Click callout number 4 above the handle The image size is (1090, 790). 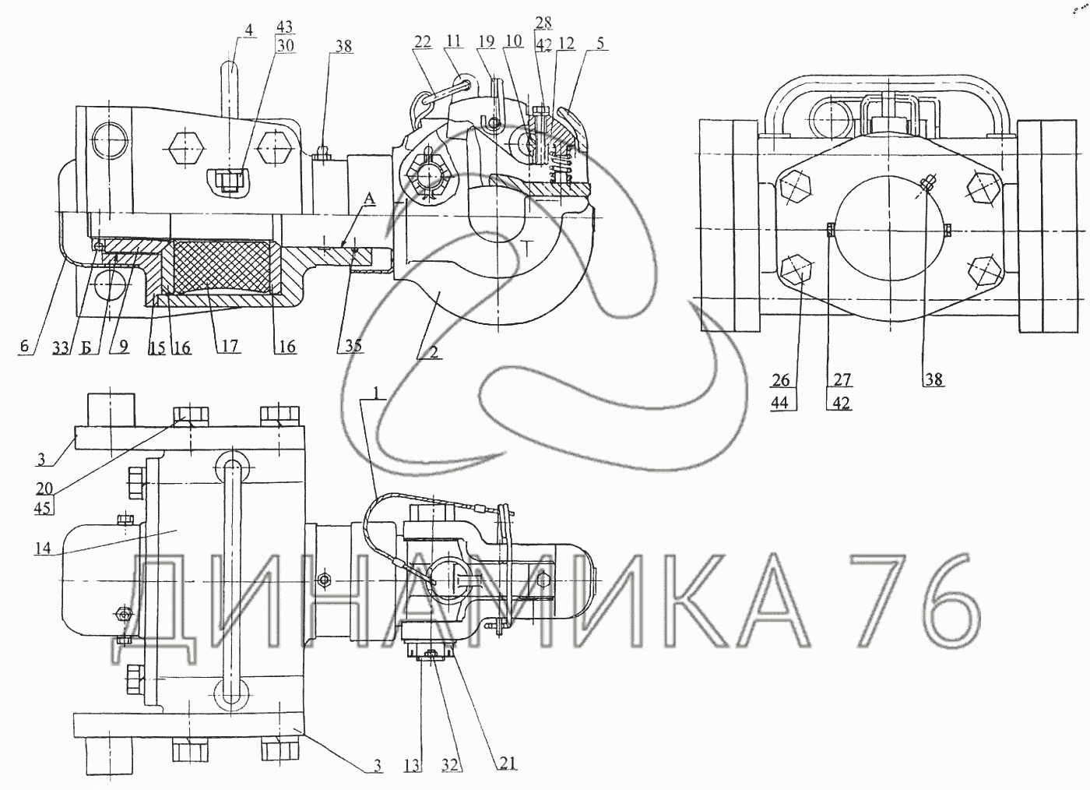click(248, 30)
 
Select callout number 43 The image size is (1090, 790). click(285, 26)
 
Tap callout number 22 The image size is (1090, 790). click(422, 42)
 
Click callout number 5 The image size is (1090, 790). click(600, 43)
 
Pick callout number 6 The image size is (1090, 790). click(24, 347)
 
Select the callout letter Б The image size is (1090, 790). click(86, 347)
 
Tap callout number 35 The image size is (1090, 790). click(353, 345)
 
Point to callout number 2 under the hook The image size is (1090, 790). click(434, 351)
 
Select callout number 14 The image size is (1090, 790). click(42, 548)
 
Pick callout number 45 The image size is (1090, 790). click(42, 508)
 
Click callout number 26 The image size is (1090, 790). click(780, 380)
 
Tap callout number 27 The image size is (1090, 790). click(842, 379)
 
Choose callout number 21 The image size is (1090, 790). click(507, 763)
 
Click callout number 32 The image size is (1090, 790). click(450, 765)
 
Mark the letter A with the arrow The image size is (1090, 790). click(370, 199)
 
